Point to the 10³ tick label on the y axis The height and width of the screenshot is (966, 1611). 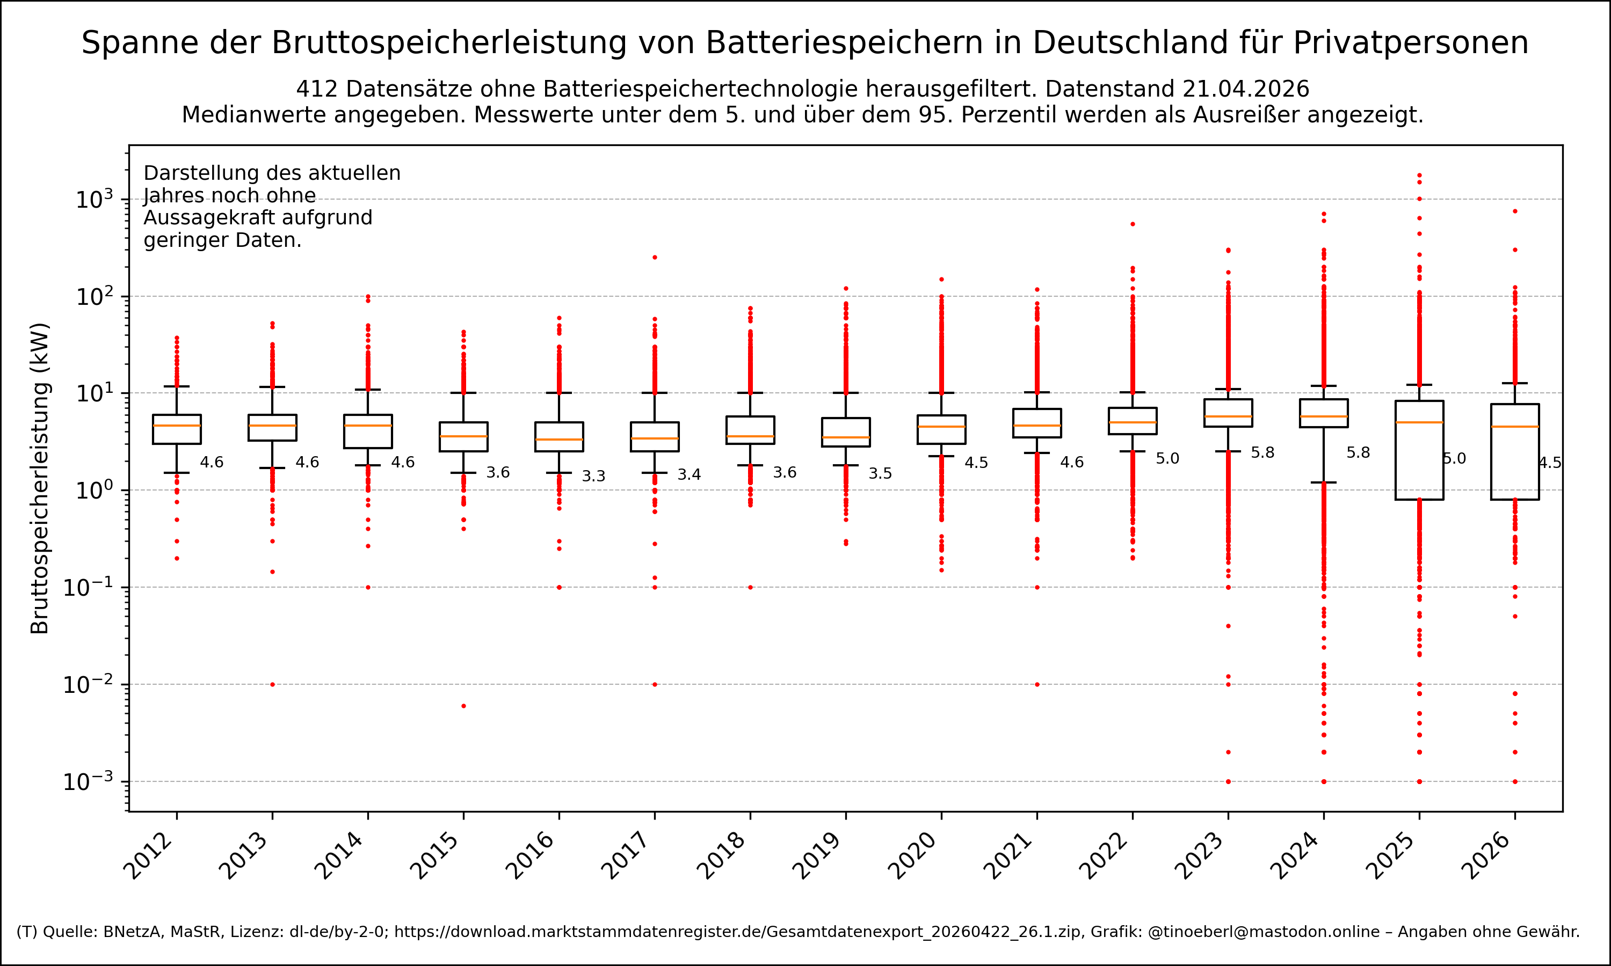tap(95, 199)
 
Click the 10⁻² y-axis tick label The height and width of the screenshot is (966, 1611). tap(88, 685)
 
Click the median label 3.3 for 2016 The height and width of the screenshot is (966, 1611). tap(593, 477)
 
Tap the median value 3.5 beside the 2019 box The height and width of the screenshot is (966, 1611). tap(880, 474)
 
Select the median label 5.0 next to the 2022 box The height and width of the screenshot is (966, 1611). tap(1167, 459)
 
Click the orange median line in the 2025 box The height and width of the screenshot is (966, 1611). tap(1419, 422)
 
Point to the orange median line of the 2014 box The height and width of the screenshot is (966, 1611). tap(368, 426)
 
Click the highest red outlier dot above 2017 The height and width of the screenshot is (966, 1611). tap(655, 257)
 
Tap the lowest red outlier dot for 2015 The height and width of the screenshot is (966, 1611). tap(463, 706)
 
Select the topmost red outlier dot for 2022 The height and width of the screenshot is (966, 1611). tap(1133, 224)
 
